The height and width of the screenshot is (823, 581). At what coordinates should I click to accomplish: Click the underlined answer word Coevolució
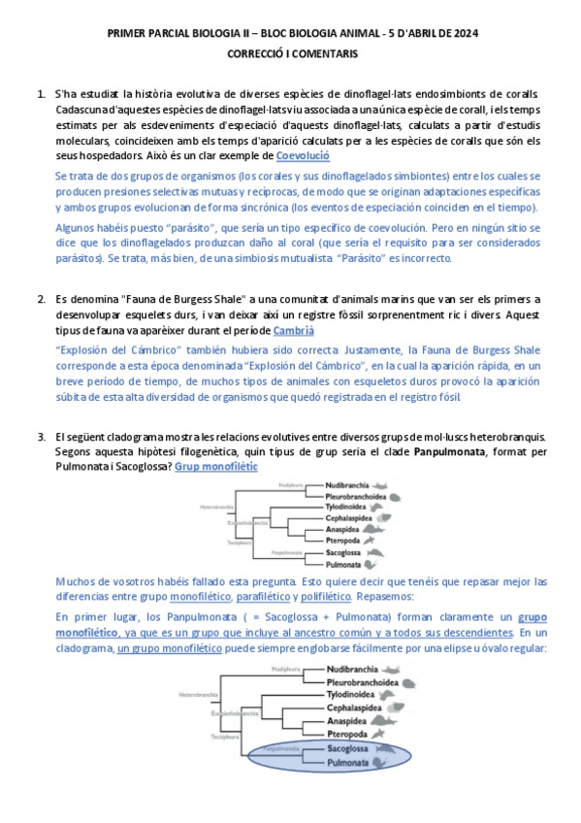[303, 155]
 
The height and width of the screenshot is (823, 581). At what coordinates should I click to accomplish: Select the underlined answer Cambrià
[294, 332]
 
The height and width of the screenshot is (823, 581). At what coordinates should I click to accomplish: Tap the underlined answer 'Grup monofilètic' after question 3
[216, 466]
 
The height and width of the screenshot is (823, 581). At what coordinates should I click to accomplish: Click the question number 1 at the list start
[42, 94]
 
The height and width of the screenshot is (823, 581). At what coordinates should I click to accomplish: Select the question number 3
[42, 436]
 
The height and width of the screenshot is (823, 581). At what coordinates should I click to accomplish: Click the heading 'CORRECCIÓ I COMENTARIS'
[291, 55]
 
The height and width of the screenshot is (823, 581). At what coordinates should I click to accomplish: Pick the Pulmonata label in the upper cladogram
[344, 564]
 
